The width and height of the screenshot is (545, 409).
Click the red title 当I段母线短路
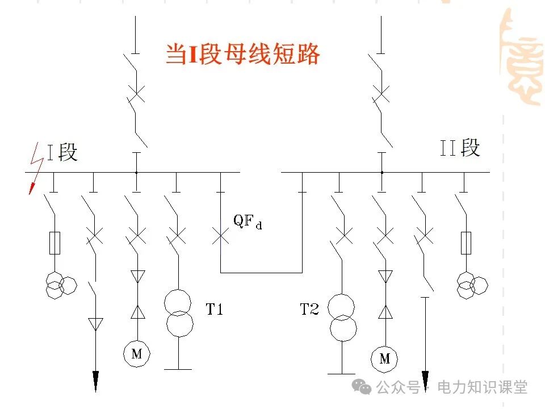click(x=242, y=55)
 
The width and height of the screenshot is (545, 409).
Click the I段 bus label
click(x=62, y=152)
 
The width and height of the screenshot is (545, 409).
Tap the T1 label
click(x=214, y=310)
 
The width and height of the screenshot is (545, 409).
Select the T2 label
click(x=310, y=310)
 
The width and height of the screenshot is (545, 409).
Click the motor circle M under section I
click(x=136, y=354)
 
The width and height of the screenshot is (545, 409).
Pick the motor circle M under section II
click(x=385, y=358)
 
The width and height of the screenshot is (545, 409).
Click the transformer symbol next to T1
click(x=179, y=312)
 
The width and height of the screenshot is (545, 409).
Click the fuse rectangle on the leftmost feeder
click(x=55, y=243)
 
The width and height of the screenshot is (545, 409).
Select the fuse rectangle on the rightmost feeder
click(x=466, y=243)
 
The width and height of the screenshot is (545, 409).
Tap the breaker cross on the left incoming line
click(x=136, y=92)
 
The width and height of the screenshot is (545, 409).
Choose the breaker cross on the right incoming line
click(x=381, y=92)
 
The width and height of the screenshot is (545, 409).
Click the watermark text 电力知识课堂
click(x=486, y=387)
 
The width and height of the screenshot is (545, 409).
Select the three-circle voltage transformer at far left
click(x=60, y=284)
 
